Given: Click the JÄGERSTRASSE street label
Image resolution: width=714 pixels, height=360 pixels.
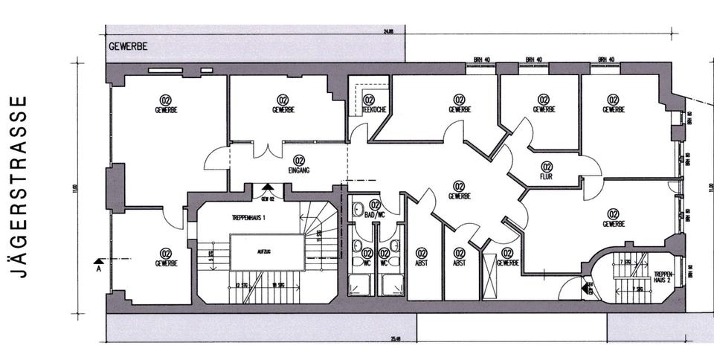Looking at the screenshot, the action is (22, 186).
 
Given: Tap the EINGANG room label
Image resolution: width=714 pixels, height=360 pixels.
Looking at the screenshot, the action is (299, 170).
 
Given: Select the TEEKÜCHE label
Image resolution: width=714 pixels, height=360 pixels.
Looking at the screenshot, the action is (368, 109).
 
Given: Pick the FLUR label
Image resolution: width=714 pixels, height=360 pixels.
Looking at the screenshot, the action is (547, 176).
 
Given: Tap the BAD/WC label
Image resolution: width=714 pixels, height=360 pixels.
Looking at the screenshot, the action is (375, 214).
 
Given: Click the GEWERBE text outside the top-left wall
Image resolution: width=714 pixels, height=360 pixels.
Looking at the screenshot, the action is (128, 46).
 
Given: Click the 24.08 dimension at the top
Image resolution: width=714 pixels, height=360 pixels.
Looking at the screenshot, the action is (388, 31).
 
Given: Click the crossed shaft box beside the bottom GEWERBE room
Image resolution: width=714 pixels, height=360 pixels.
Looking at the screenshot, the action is (490, 276).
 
